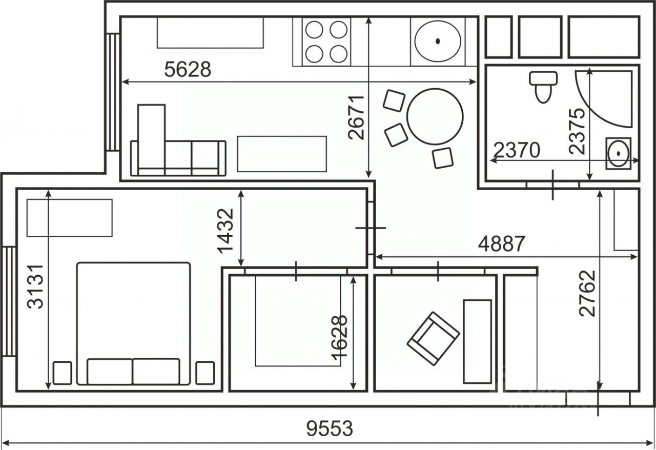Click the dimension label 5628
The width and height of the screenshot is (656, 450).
click(188, 69)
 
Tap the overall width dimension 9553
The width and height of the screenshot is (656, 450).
click(330, 428)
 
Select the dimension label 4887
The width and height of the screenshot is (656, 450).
click(501, 244)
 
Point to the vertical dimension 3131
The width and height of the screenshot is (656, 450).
click(35, 287)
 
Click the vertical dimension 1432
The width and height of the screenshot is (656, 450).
click(225, 231)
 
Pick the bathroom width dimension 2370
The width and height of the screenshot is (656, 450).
click(517, 150)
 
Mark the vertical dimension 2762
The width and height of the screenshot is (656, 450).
click(587, 293)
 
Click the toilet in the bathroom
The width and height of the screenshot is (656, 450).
click(543, 87)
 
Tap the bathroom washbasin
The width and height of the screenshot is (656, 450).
click(619, 153)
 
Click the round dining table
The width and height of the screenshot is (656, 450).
click(435, 117)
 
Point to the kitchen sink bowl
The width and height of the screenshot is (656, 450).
click(438, 41)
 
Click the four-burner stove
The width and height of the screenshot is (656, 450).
click(326, 42)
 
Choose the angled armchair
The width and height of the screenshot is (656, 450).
click(433, 338)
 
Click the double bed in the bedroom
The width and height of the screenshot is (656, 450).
click(134, 324)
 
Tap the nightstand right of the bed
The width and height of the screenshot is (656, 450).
click(205, 373)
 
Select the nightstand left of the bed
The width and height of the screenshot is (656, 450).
click(63, 373)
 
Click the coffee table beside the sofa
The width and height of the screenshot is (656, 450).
click(282, 154)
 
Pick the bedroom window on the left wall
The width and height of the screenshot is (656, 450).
click(9, 301)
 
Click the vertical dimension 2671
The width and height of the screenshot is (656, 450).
click(356, 117)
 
